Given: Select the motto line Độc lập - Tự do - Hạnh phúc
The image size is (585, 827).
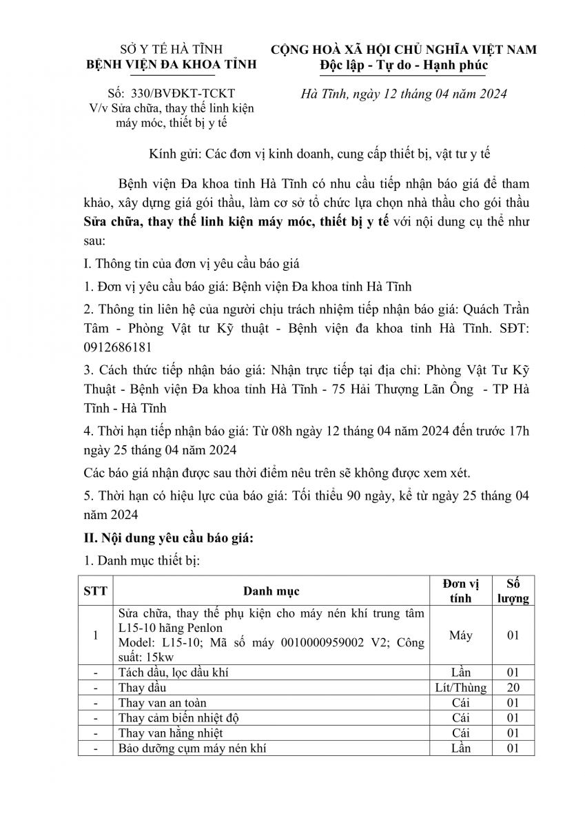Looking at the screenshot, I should click(404, 65).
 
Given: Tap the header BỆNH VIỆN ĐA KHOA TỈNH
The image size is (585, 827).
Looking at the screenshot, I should click(170, 65).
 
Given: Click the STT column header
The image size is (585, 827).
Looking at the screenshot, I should click(95, 591).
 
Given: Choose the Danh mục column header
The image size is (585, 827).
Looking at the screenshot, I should click(271, 591).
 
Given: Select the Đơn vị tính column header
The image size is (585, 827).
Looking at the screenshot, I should click(460, 591).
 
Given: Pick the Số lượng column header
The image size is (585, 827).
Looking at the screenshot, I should click(513, 591).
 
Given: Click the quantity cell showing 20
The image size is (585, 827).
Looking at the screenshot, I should click(513, 688).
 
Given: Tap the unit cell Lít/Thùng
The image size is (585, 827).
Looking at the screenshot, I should click(460, 688).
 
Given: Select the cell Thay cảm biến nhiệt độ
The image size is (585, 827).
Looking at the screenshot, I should click(178, 718).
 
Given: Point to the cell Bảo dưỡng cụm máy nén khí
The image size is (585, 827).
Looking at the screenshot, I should click(192, 748).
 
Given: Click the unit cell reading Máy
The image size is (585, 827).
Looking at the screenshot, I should click(460, 635).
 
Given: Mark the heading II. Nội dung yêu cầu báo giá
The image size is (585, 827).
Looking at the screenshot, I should click(168, 539).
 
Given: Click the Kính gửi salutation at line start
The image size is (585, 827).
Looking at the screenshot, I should click(172, 154).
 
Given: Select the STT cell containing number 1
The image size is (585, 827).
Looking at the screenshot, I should click(95, 635).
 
